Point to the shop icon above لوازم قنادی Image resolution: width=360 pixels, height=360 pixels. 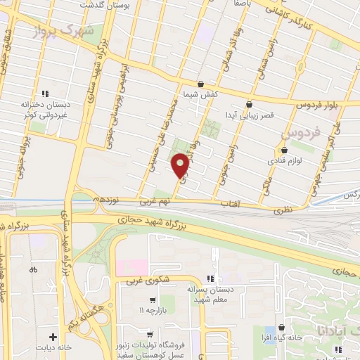tap(284, 150)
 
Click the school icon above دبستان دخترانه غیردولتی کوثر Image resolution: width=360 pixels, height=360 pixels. tap(45, 93)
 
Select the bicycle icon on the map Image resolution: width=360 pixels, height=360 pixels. tap(32, 269)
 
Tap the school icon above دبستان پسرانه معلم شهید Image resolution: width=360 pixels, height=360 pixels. tap(209, 278)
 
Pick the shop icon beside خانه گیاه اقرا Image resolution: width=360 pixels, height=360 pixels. tap(281, 328)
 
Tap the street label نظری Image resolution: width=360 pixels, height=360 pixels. tap(284, 209)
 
